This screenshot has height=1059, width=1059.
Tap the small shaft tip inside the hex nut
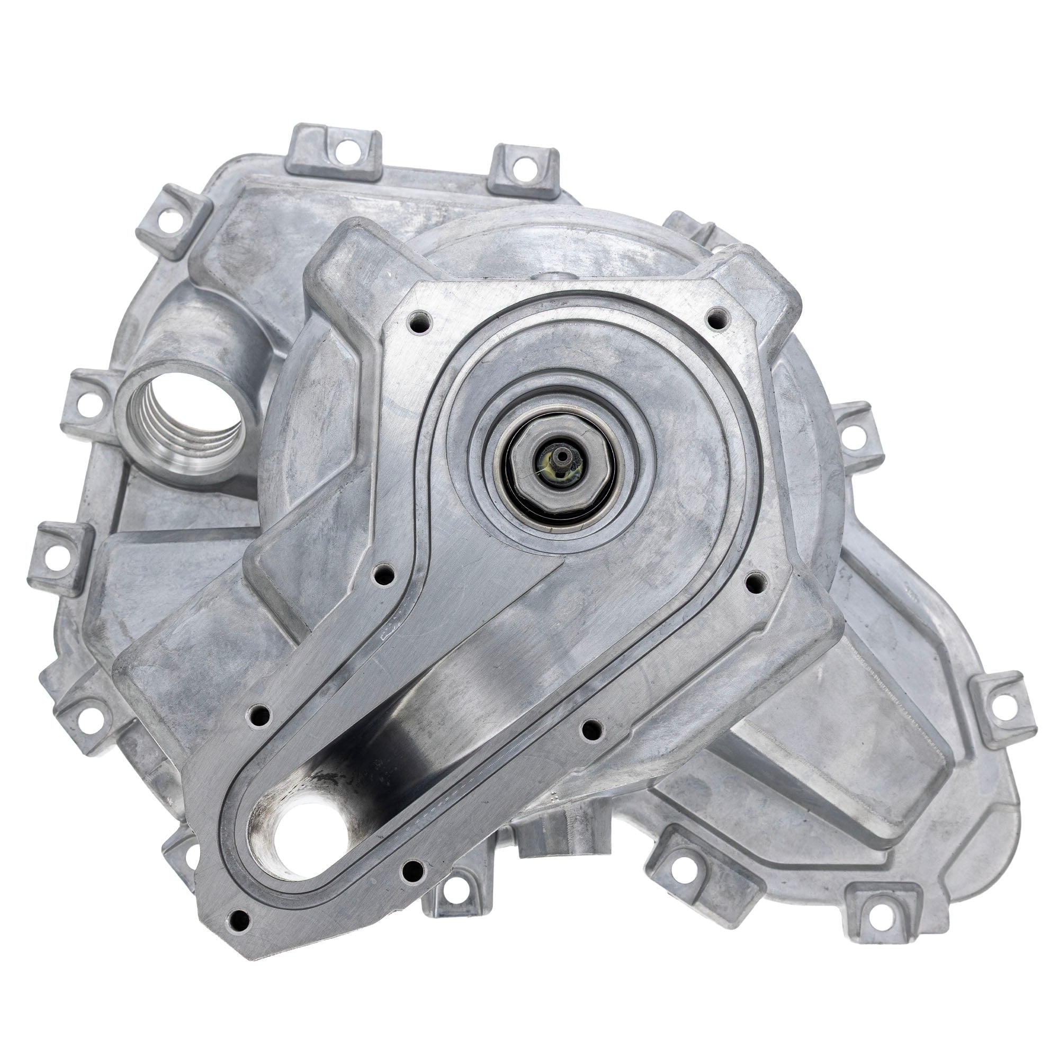561,455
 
